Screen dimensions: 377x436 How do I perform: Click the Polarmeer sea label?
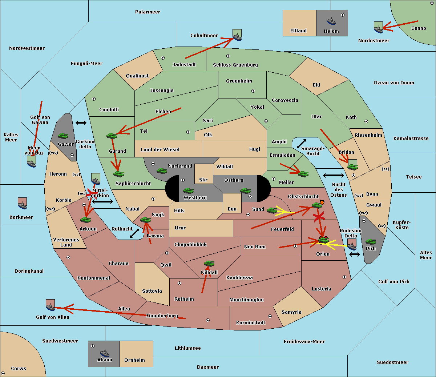[x=148, y=12]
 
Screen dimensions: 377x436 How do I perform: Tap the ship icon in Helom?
[x=331, y=21]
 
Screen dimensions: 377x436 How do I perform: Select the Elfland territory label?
[x=298, y=31]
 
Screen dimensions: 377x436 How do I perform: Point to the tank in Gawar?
[x=63, y=136]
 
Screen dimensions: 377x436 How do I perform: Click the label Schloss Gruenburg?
[x=235, y=65]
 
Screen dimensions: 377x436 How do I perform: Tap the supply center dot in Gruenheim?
[x=253, y=91]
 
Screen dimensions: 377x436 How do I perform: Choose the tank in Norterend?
[x=162, y=171]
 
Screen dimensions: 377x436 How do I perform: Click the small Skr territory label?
[x=203, y=180]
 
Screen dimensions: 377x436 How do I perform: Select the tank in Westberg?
[x=188, y=190]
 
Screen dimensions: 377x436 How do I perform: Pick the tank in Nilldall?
[x=209, y=263]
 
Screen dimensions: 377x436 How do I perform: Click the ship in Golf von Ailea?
[x=50, y=306]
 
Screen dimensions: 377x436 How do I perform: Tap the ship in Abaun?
[x=105, y=353]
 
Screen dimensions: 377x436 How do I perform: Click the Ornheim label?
[x=134, y=360]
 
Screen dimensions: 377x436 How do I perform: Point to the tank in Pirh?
[x=371, y=241]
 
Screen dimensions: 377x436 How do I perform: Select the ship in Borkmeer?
[x=23, y=204]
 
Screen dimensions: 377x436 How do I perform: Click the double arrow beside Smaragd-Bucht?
[x=301, y=144]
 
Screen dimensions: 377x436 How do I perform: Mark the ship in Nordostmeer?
[x=378, y=28]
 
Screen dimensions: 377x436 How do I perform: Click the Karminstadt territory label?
[x=251, y=323]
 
